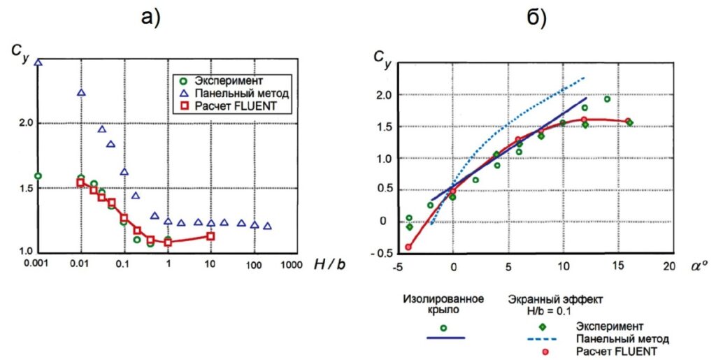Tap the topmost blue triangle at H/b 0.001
[x=38, y=63]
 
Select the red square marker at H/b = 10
[x=210, y=236]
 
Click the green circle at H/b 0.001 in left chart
[x=38, y=176]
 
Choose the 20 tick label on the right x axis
[x=669, y=266]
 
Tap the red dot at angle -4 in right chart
[x=409, y=247]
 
